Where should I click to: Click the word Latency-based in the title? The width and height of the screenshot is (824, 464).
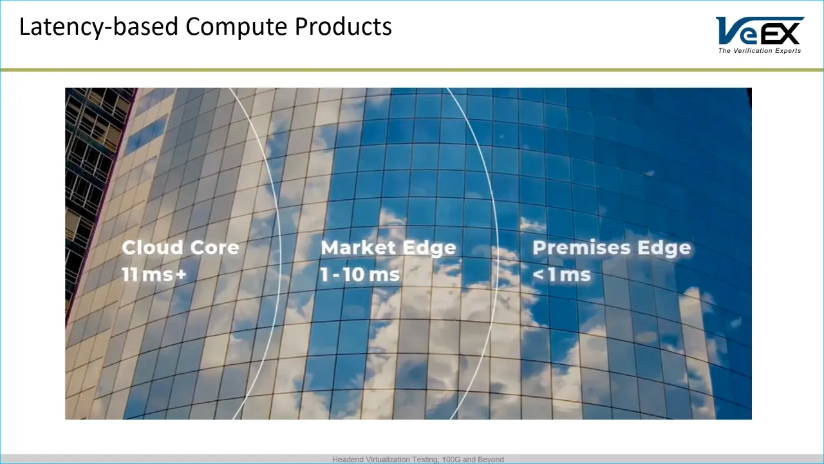click(98, 27)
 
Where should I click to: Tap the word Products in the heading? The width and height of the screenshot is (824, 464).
click(343, 26)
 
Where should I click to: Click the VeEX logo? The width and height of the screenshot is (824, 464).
click(760, 35)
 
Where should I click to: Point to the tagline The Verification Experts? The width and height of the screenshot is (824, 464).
click(760, 51)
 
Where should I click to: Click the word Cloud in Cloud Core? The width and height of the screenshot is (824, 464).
click(153, 247)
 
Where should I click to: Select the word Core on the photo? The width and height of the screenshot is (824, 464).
click(215, 247)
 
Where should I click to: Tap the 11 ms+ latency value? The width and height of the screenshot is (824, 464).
click(154, 275)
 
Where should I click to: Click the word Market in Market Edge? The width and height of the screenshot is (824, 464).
click(359, 247)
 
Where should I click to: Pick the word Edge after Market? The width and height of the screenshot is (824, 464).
click(429, 248)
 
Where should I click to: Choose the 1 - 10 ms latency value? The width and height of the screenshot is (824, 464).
click(360, 275)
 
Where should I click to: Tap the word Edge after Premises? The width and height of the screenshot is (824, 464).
click(664, 248)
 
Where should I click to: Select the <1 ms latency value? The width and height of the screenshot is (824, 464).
click(562, 275)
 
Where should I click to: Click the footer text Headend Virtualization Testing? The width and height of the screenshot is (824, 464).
click(386, 459)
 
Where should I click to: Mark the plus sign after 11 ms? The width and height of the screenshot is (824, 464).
click(181, 275)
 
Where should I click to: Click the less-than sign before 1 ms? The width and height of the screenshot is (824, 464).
click(538, 275)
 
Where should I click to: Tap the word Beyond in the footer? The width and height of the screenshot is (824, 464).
click(491, 459)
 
